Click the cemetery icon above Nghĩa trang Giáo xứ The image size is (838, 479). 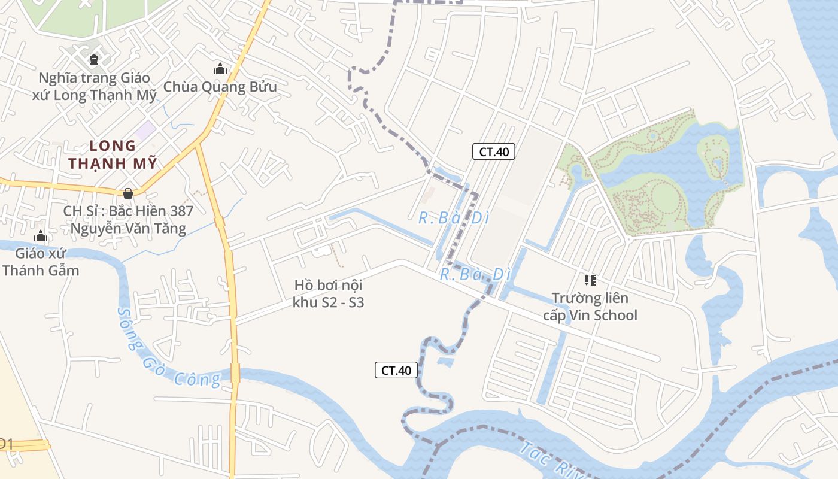click(x=94, y=59)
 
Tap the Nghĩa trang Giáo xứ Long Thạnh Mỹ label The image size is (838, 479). click(x=95, y=86)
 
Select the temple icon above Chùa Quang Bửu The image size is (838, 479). click(x=220, y=69)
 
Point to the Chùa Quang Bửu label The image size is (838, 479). click(x=220, y=87)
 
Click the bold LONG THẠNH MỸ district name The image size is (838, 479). click(x=113, y=154)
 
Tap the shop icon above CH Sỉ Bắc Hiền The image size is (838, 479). click(x=127, y=193)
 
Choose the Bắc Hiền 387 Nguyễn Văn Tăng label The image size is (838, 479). click(x=128, y=219)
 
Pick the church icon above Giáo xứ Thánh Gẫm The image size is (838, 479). click(x=41, y=236)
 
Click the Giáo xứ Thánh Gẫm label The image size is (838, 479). click(x=41, y=262)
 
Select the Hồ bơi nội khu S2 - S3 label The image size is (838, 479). click(x=328, y=293)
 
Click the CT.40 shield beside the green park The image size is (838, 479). click(x=494, y=151)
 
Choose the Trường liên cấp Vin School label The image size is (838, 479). click(x=590, y=306)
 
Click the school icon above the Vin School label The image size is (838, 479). click(x=590, y=280)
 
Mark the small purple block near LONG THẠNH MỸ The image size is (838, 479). click(x=144, y=129)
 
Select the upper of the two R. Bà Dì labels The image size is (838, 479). click(x=454, y=218)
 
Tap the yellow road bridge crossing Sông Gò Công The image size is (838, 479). click(x=235, y=372)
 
